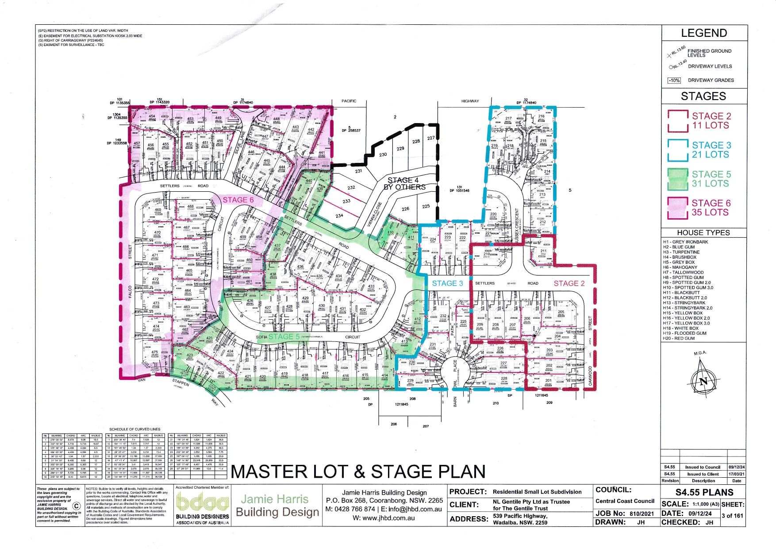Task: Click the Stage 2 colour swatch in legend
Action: point(677,121)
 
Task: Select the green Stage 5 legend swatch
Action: point(677,179)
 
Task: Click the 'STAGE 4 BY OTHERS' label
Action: point(404,183)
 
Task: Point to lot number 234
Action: point(339,216)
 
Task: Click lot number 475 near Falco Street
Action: point(155,353)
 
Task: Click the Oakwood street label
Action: point(590,376)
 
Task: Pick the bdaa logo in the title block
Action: point(203,503)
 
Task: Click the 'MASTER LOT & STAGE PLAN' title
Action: point(358,472)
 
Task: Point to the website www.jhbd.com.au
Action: point(384,518)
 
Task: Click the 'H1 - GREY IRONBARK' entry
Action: point(685,242)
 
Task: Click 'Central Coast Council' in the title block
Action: point(625,501)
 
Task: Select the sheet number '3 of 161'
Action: point(733,516)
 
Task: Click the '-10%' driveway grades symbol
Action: point(674,81)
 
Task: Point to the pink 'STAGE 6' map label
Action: point(238,200)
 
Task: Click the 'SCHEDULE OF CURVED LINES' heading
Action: point(134,429)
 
